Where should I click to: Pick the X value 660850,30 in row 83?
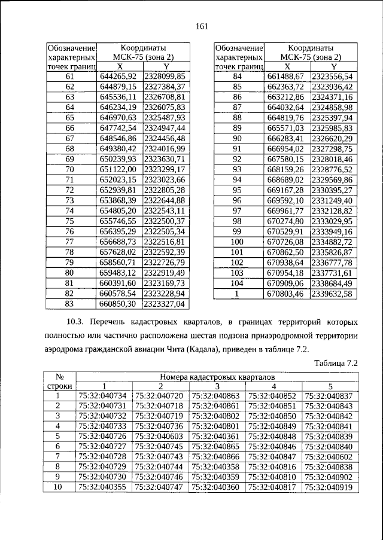[x=120, y=303]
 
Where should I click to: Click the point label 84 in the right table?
[x=238, y=77]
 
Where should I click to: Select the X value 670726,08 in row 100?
[x=287, y=242]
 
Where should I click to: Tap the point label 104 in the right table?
[x=238, y=283]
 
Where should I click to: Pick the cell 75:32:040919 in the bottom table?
[x=328, y=488]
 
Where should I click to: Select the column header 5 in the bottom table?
[x=328, y=386]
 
